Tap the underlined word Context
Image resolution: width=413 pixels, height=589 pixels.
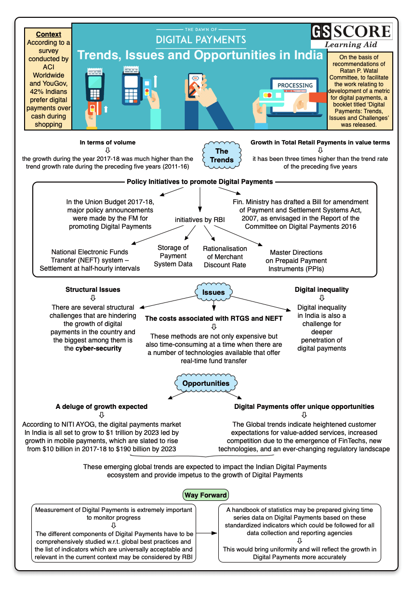click(49, 34)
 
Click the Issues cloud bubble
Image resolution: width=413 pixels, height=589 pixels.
click(213, 292)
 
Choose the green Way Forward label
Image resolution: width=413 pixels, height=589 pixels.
click(206, 495)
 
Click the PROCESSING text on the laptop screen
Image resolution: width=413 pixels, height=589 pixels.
click(295, 85)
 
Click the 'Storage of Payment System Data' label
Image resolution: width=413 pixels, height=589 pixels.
click(173, 256)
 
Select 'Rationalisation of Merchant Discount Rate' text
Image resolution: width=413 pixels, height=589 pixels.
click(225, 257)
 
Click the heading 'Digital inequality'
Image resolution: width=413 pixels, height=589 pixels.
click(321, 289)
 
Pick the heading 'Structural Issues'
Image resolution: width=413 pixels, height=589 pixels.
click(93, 289)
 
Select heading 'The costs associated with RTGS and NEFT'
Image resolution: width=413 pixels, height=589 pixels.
click(214, 318)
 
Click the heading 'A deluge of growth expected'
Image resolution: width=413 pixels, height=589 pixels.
click(102, 406)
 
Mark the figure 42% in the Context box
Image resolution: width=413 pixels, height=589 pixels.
click(35, 92)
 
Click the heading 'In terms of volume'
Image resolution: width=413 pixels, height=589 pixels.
click(107, 142)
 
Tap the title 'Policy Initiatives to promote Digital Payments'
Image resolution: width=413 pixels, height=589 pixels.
click(200, 182)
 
